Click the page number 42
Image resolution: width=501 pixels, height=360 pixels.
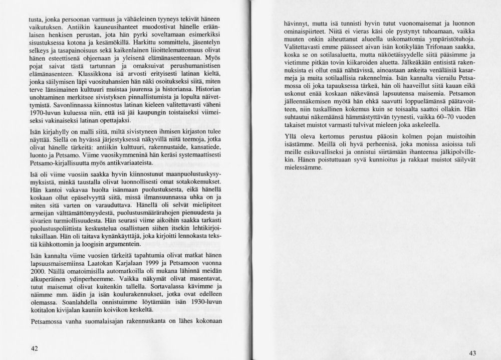pyautogui.click(x=34, y=347)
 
